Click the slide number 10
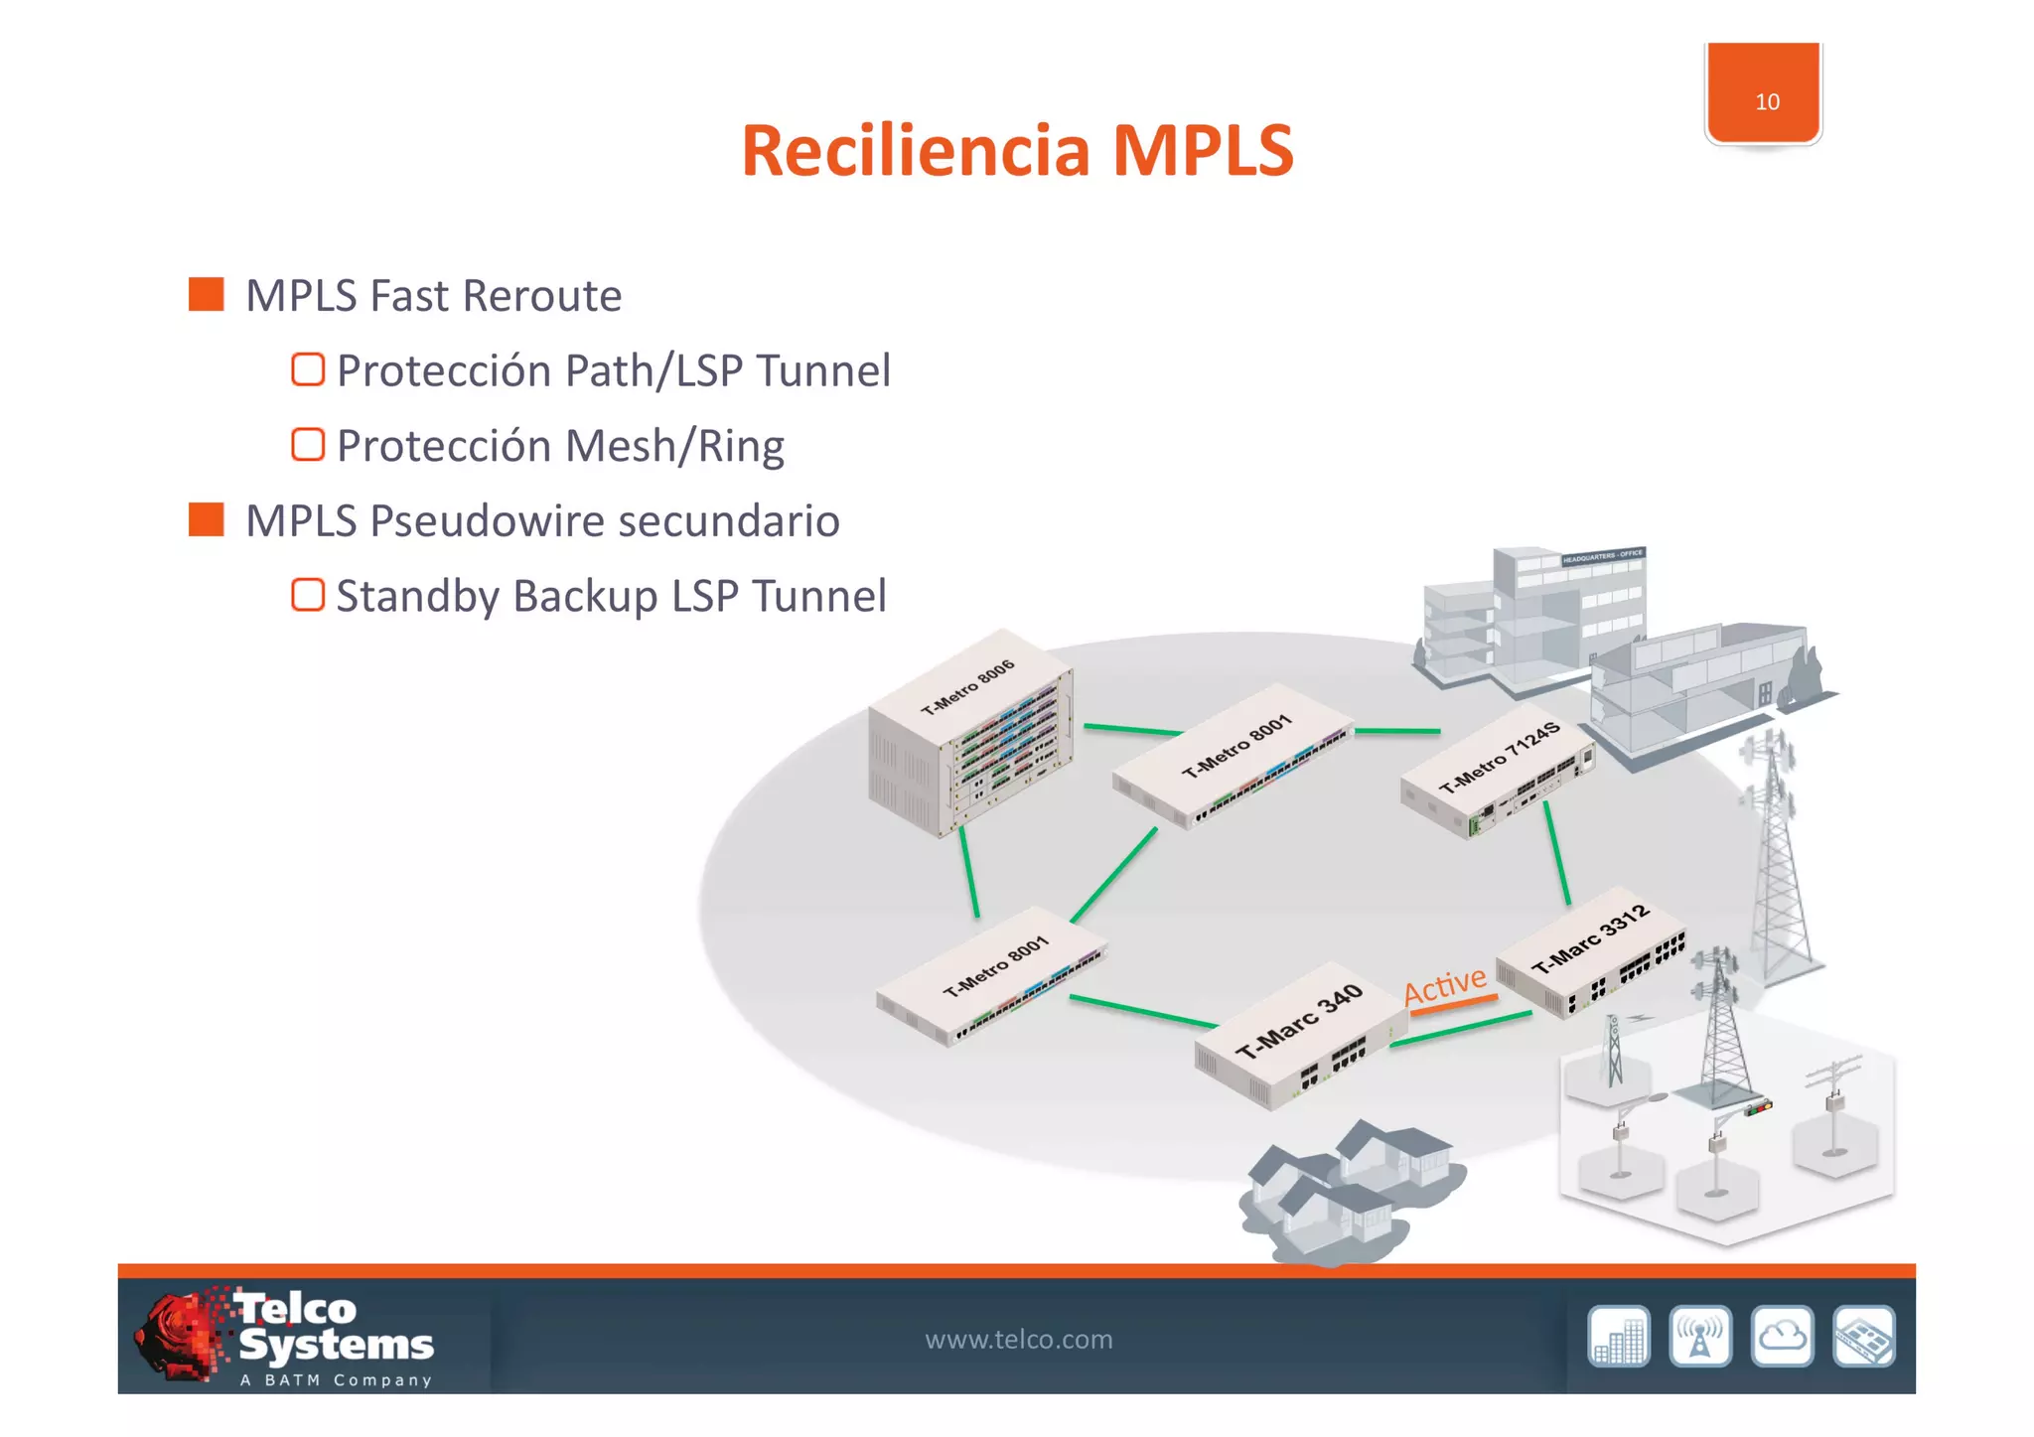pyautogui.click(x=1766, y=101)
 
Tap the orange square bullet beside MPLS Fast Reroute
pyautogui.click(x=206, y=294)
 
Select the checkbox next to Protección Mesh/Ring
pyautogui.click(x=308, y=445)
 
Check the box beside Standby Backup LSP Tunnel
pyautogui.click(x=308, y=595)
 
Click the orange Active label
pyautogui.click(x=1444, y=985)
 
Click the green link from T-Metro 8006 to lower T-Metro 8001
pyautogui.click(x=968, y=872)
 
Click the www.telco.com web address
pyautogui.click(x=1018, y=1339)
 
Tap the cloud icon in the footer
pyautogui.click(x=1782, y=1337)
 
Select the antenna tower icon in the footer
pyautogui.click(x=1700, y=1337)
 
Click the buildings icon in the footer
pyautogui.click(x=1618, y=1337)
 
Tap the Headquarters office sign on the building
pyautogui.click(x=1602, y=556)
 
